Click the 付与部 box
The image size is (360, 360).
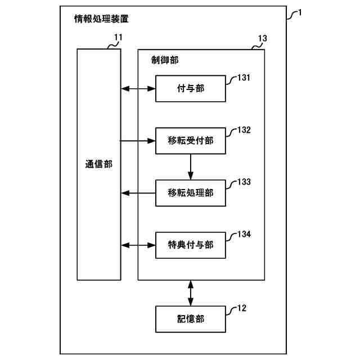pyautogui.click(x=190, y=88)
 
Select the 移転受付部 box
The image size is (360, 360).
pyautogui.click(x=190, y=141)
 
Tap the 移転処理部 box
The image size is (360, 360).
pyautogui.click(x=190, y=193)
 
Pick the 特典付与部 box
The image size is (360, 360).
pyautogui.click(x=190, y=245)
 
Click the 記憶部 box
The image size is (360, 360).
pyautogui.click(x=190, y=319)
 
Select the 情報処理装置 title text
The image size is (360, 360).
pyautogui.click(x=101, y=19)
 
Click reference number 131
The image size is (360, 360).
pyautogui.click(x=244, y=78)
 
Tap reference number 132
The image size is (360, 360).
pyautogui.click(x=244, y=130)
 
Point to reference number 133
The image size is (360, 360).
pyautogui.click(x=244, y=182)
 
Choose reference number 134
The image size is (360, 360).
pyautogui.click(x=244, y=234)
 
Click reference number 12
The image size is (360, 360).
pyautogui.click(x=241, y=308)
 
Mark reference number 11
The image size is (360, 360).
pyautogui.click(x=118, y=38)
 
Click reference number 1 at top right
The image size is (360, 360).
pyautogui.click(x=300, y=12)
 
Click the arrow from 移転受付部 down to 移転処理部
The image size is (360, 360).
pyautogui.click(x=191, y=167)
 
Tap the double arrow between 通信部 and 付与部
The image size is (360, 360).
pyautogui.click(x=138, y=88)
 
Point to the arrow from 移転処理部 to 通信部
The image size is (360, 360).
pyautogui.click(x=138, y=193)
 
